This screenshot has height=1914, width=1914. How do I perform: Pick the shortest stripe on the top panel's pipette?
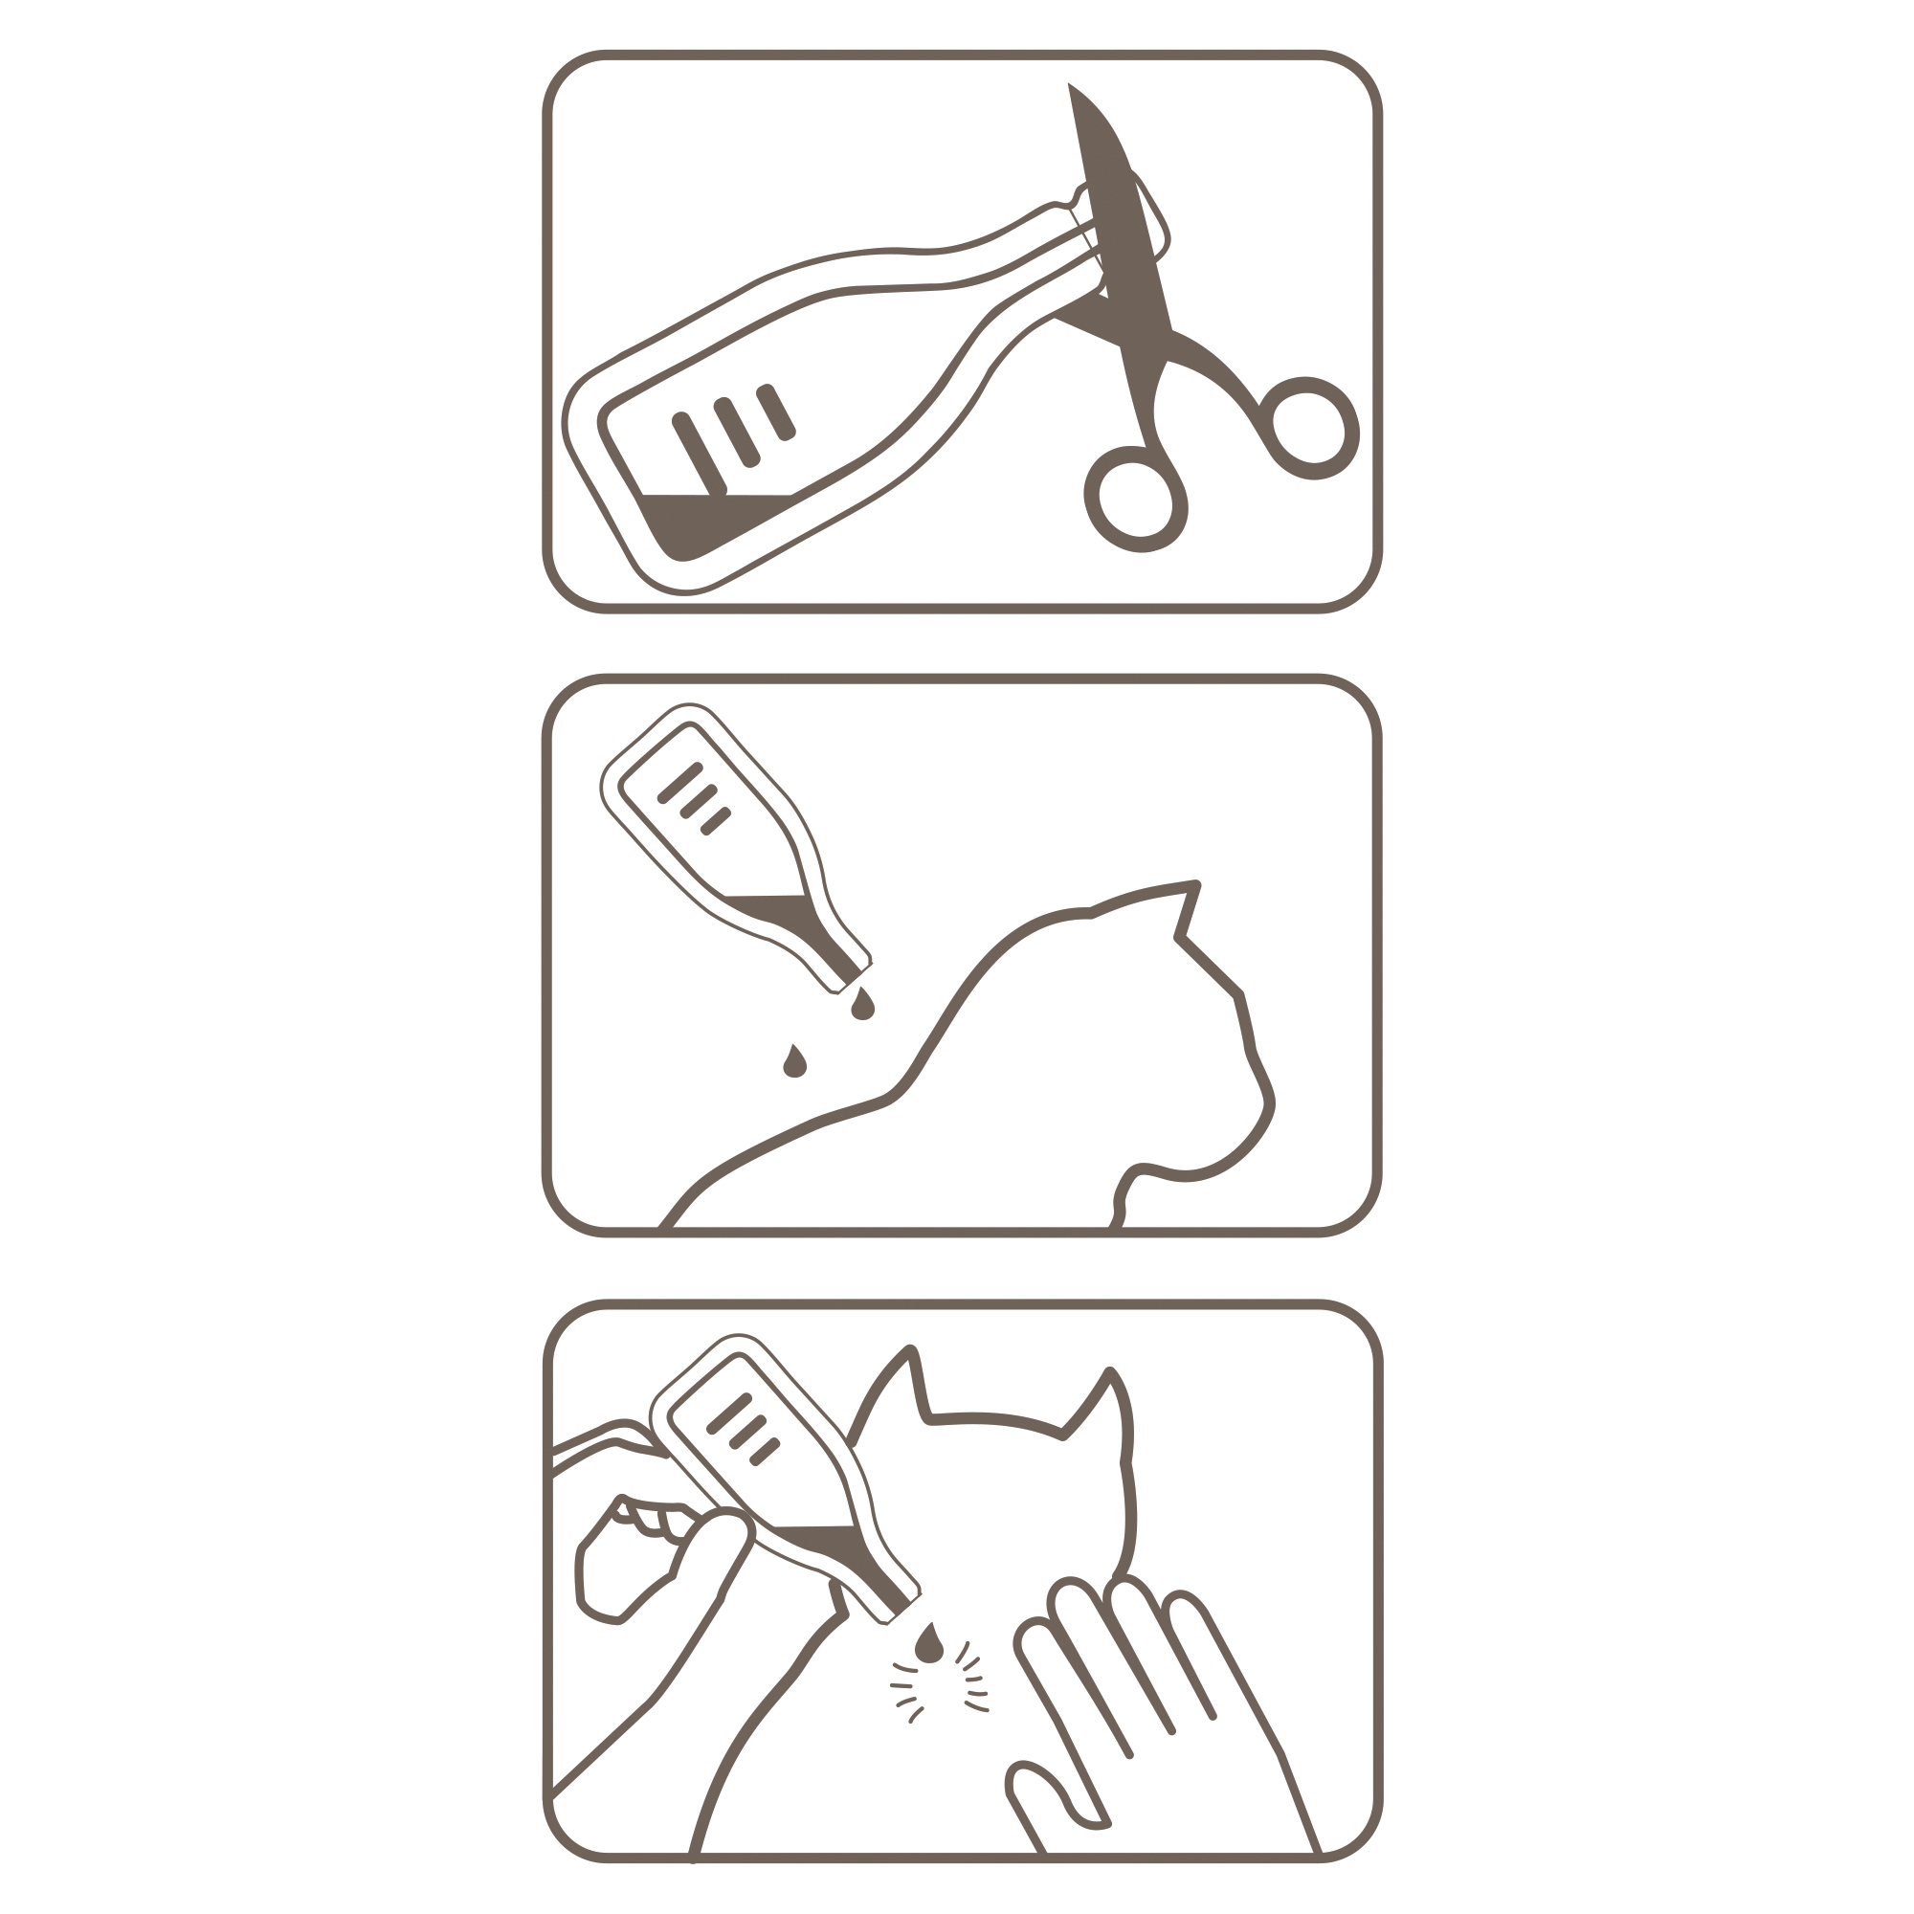[776, 412]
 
